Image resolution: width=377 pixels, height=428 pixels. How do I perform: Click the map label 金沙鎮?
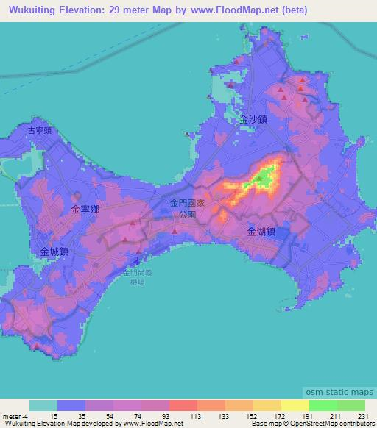pos(253,118)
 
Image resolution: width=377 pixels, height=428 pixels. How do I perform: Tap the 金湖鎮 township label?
pos(261,231)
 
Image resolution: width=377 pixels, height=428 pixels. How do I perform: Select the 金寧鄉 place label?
pos(85,210)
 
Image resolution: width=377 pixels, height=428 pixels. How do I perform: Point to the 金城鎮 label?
pos(54,252)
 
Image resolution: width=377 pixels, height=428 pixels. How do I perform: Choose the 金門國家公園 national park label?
pos(183,207)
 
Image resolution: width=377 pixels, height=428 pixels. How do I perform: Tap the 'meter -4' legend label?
pos(15,416)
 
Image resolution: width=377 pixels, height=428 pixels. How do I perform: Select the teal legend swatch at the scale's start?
pos(43,405)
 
